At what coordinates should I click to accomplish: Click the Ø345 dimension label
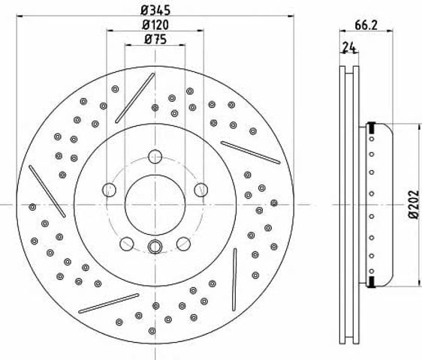[155, 10]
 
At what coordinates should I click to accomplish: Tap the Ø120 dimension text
[155, 25]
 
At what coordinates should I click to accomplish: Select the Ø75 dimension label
[155, 40]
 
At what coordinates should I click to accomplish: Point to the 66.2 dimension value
[366, 25]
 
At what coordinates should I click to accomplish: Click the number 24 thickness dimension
[349, 48]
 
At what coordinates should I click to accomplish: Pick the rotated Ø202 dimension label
[414, 204]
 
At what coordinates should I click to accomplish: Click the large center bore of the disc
[155, 205]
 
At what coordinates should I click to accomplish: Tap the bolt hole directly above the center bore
[155, 157]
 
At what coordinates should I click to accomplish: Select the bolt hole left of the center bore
[109, 190]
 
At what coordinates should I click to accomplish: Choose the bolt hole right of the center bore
[201, 190]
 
